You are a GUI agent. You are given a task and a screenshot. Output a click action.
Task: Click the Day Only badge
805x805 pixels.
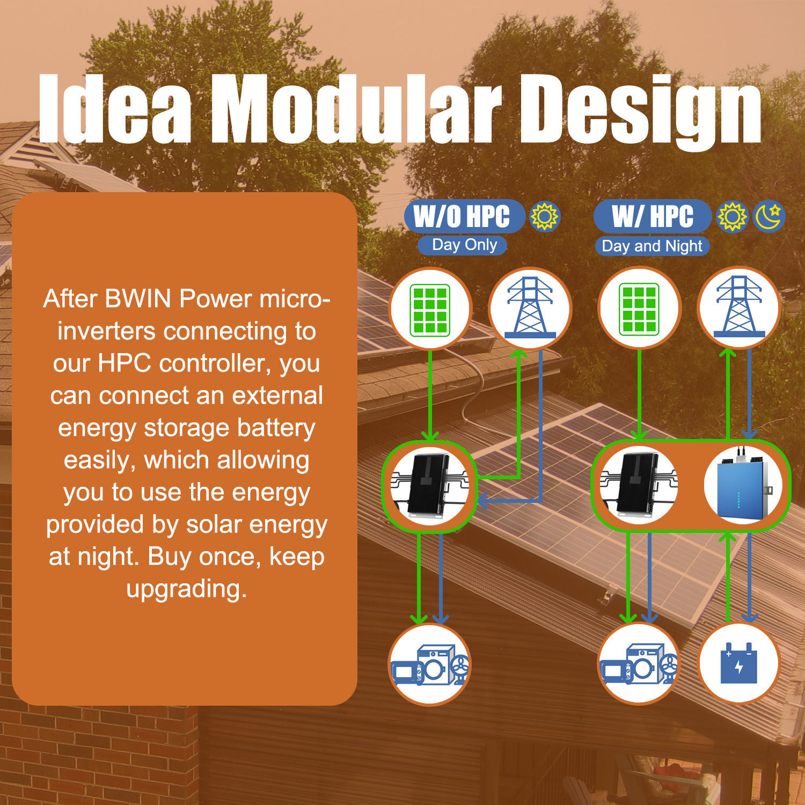tap(463, 245)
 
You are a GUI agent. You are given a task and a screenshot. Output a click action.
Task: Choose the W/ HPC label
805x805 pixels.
tap(653, 216)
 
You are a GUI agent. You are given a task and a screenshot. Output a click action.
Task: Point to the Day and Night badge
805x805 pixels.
tap(652, 246)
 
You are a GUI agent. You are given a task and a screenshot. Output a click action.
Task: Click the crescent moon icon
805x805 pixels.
tap(770, 216)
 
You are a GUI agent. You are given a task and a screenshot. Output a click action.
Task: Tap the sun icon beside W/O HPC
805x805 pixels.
tap(545, 216)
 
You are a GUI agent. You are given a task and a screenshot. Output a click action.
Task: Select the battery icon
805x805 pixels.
tap(739, 663)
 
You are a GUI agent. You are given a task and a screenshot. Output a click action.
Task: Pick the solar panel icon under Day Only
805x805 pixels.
tap(430, 309)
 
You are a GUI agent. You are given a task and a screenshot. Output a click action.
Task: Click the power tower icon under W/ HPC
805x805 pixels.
tap(739, 307)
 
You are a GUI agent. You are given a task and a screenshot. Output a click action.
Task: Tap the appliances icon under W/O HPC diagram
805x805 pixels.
tap(430, 664)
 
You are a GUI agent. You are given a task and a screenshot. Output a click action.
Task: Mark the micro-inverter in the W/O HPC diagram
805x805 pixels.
tap(429, 486)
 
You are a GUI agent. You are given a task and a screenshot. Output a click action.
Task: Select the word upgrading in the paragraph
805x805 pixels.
tap(186, 589)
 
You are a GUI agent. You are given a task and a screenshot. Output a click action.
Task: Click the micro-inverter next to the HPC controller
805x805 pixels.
tap(639, 486)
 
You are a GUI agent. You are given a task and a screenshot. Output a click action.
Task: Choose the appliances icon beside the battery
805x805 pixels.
tap(639, 664)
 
